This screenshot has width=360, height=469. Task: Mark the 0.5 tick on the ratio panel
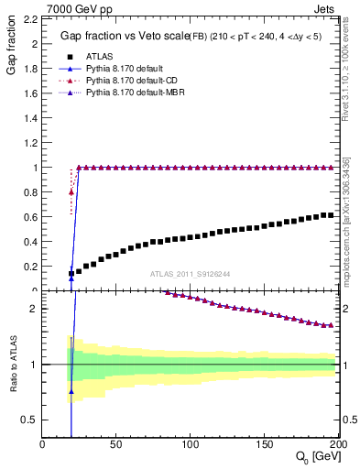[30, 420]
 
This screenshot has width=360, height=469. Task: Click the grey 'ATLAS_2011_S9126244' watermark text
[190, 273]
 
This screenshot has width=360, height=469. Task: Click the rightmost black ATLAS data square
[331, 215]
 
